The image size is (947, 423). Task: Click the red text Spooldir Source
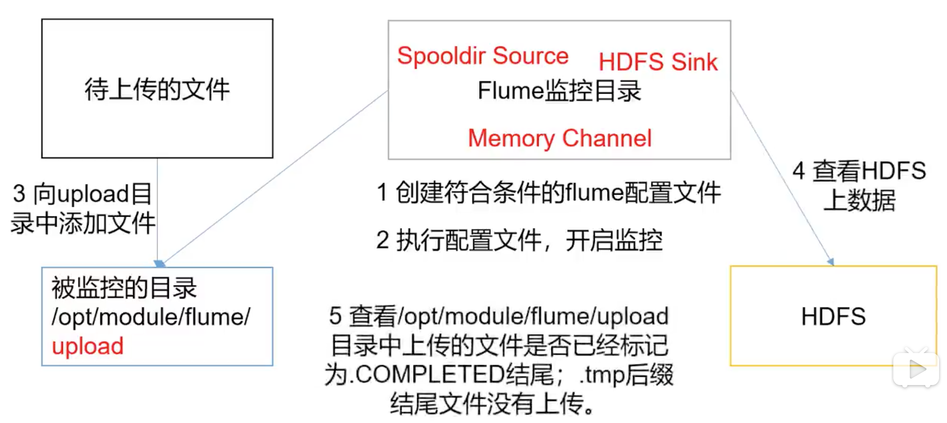click(483, 56)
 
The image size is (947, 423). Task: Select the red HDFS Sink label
click(658, 62)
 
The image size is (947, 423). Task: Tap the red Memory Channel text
click(560, 138)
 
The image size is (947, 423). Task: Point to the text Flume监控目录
click(559, 91)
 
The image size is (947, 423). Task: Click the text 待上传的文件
click(157, 89)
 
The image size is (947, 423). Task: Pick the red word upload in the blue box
click(88, 346)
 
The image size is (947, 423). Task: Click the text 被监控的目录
click(124, 288)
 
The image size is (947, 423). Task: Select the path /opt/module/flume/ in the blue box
click(151, 317)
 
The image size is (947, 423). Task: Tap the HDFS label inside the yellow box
click(833, 317)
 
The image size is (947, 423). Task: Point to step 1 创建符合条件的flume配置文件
click(549, 193)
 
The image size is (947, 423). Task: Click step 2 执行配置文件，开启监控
click(519, 240)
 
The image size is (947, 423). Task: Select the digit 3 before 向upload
click(19, 194)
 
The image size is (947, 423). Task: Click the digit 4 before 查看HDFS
click(799, 171)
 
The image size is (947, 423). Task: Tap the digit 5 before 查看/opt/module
click(335, 316)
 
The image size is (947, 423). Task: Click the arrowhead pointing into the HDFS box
click(831, 262)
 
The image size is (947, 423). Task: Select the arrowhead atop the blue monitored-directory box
click(159, 263)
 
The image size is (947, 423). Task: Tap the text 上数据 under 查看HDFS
click(859, 201)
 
